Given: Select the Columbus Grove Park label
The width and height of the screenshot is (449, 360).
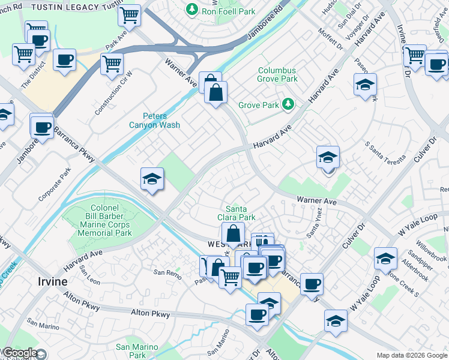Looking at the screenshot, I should pyautogui.click(x=277, y=74).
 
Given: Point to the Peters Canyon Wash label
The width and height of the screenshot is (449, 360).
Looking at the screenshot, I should pyautogui.click(x=154, y=121).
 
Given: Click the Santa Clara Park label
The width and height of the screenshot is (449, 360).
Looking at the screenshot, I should pyautogui.click(x=240, y=213).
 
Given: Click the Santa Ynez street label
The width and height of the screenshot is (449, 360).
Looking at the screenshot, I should pyautogui.click(x=314, y=223).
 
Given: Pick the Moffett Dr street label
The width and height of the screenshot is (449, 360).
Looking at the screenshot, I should pyautogui.click(x=330, y=40).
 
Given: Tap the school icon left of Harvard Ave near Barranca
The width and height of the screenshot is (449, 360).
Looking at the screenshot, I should pyautogui.click(x=152, y=179).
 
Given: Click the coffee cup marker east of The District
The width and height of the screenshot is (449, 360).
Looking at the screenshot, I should pyautogui.click(x=65, y=61).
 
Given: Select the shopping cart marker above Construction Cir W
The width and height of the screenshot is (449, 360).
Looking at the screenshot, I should pyautogui.click(x=112, y=64).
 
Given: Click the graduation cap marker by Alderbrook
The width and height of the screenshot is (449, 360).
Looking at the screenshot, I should pyautogui.click(x=385, y=259).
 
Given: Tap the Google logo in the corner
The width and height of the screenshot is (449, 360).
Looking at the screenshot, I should pyautogui.click(x=19, y=353).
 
